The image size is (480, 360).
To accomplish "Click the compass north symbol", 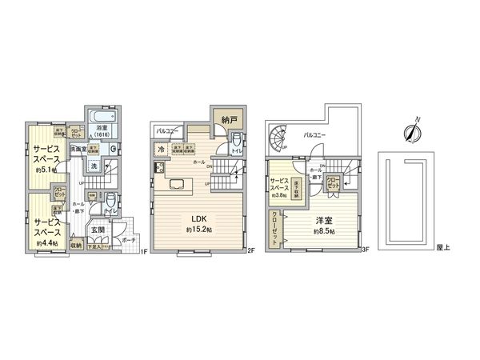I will click(x=414, y=130).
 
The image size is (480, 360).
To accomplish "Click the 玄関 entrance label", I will click(x=98, y=230).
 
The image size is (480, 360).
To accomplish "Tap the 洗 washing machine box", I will click(x=94, y=166).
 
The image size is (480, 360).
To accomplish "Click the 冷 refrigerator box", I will click(x=162, y=148).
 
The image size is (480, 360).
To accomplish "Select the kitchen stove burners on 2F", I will click(x=159, y=168).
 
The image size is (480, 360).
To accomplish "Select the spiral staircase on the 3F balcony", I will click(x=280, y=141).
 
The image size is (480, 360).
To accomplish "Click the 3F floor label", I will click(x=364, y=251).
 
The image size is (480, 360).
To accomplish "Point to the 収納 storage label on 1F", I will click(x=76, y=246).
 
